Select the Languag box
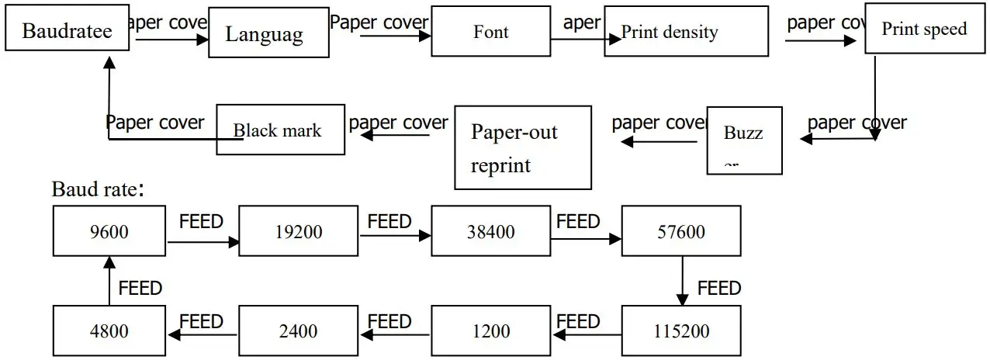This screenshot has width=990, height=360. tap(263, 33)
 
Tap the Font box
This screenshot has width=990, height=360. tap(491, 32)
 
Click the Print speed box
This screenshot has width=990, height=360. tap(924, 29)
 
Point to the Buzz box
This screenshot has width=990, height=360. tap(744, 140)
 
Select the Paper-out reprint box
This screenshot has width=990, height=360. tap(523, 148)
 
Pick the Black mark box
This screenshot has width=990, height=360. tap(280, 130)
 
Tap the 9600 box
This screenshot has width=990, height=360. tap(109, 231)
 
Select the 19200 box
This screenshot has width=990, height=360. tap(298, 231)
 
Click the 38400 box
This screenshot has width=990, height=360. tap(491, 231)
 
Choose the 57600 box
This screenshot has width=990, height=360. tap(681, 231)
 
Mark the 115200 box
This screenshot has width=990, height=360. tap(682, 331)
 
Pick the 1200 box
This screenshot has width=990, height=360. tap(491, 331)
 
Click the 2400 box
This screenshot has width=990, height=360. tap(298, 331)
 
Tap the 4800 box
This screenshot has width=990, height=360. tap(109, 331)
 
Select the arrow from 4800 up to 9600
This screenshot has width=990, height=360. tap(109, 281)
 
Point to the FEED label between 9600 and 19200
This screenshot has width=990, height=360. tap(201, 222)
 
